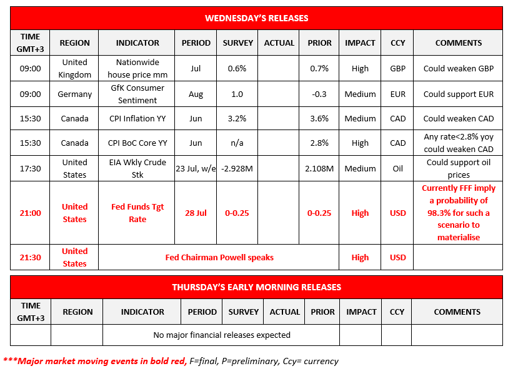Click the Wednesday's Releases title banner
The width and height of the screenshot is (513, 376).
click(256, 18)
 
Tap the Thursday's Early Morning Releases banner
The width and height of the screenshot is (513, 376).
click(256, 287)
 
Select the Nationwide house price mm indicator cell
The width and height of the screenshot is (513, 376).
click(137, 68)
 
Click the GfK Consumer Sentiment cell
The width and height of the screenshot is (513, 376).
click(137, 94)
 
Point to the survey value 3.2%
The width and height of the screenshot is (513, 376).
click(238, 118)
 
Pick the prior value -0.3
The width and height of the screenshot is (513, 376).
click(319, 94)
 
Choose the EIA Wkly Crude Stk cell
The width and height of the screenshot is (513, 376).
click(137, 168)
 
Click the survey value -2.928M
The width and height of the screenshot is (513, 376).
click(238, 168)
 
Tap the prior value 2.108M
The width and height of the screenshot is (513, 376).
click(319, 168)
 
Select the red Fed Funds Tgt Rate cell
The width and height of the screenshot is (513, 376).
click(137, 213)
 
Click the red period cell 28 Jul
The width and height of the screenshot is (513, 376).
click(196, 213)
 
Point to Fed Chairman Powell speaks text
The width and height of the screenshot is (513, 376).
click(219, 257)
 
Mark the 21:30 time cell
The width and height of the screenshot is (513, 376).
click(30, 257)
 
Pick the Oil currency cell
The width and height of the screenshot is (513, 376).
click(397, 168)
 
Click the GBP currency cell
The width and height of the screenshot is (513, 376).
click(397, 68)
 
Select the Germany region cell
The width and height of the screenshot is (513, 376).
click(74, 94)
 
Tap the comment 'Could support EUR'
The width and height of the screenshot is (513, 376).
click(458, 94)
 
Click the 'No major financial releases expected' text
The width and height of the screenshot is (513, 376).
click(222, 335)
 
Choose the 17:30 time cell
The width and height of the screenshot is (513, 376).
click(30, 168)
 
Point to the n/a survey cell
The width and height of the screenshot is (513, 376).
click(238, 143)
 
